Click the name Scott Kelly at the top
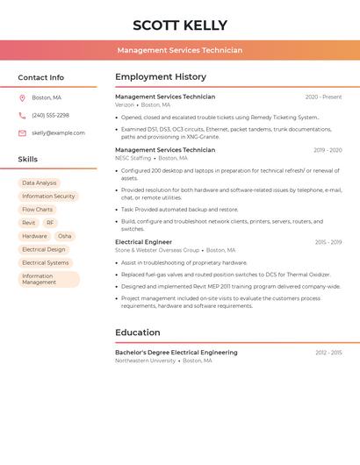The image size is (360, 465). [179, 25]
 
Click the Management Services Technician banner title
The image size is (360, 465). [179, 51]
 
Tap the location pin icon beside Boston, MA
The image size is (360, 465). [22, 97]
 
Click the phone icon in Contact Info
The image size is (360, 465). [22, 115]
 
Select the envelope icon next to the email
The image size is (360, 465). [22, 133]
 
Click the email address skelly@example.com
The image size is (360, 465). [58, 133]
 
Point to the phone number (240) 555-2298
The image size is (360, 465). [50, 115]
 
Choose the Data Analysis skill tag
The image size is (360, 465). [39, 183]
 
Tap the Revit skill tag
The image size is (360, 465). [29, 223]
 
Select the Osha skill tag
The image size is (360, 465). [64, 236]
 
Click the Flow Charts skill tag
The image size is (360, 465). [37, 210]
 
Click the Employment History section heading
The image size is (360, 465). [161, 77]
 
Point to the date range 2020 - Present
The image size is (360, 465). [323, 97]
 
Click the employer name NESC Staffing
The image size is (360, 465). [133, 158]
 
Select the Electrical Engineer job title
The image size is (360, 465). [143, 242]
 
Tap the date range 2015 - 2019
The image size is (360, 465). [328, 242]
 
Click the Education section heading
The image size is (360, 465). [138, 333]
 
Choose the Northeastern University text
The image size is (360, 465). [145, 361]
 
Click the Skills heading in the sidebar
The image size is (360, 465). [28, 160]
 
